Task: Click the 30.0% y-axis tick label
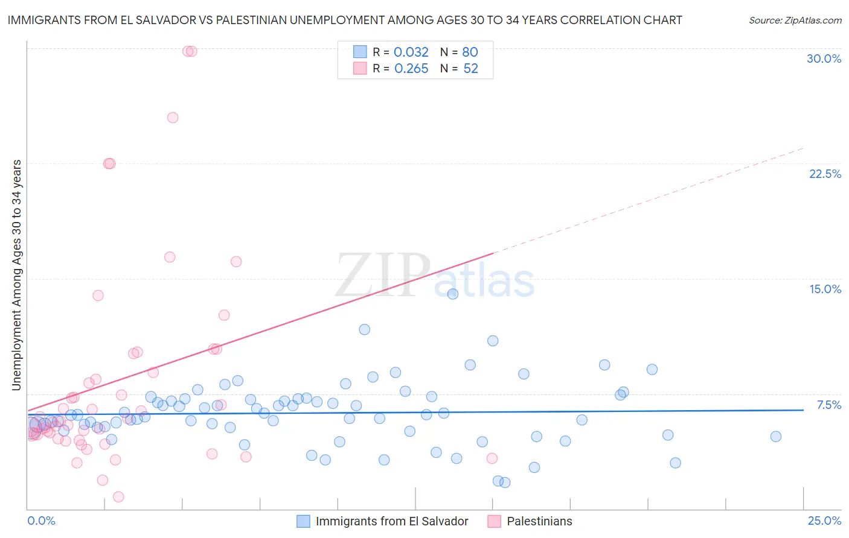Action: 824,59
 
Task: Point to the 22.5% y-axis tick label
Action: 825,174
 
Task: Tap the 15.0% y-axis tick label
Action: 825,289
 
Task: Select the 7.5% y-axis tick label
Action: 828,405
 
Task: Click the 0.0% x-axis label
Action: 41,521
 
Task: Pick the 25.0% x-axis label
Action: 824,521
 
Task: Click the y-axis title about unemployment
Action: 17,275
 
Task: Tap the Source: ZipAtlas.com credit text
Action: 795,20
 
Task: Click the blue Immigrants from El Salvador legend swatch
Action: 303,521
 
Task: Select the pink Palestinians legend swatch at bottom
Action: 494,521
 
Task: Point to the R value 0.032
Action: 411,52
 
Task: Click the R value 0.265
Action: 411,69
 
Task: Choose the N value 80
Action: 470,52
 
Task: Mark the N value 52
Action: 470,69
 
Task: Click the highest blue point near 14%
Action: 453,294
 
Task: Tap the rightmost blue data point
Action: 776,437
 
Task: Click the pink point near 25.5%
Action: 173,118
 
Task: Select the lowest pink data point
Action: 118,497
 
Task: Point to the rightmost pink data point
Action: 492,458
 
